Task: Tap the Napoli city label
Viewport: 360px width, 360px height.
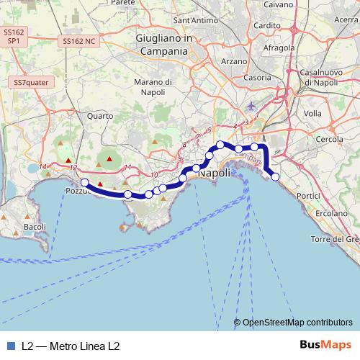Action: click(214, 174)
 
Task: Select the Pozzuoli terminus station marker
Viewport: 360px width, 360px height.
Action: click(84, 183)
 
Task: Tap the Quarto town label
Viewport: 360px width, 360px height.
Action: click(99, 115)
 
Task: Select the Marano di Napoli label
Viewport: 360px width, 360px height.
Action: click(150, 88)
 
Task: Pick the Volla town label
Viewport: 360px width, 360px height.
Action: click(313, 113)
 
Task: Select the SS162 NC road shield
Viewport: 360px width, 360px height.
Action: click(79, 41)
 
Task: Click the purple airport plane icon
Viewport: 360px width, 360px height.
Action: click(251, 107)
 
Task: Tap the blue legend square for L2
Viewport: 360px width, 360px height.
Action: click(11, 345)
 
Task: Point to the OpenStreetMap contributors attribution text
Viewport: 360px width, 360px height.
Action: click(297, 323)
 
